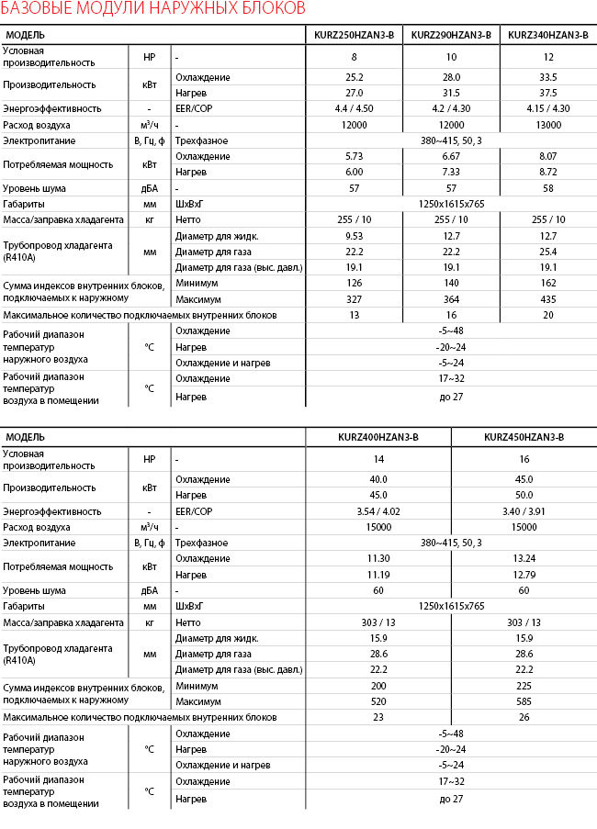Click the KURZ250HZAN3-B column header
pyautogui.click(x=355, y=35)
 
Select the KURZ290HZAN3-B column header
pyautogui.click(x=451, y=35)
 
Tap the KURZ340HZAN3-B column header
pyautogui.click(x=547, y=35)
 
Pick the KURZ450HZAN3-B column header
pyautogui.click(x=524, y=437)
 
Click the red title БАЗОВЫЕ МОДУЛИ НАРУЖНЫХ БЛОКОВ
pyautogui.click(x=153, y=10)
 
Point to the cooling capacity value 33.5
pyautogui.click(x=547, y=77)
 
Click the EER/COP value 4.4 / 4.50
pyautogui.click(x=355, y=108)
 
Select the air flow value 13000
pyautogui.click(x=547, y=125)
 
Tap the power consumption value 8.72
pyautogui.click(x=547, y=172)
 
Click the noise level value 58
pyautogui.click(x=547, y=187)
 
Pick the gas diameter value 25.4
pyautogui.click(x=547, y=251)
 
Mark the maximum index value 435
pyautogui.click(x=547, y=299)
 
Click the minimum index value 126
pyautogui.click(x=355, y=283)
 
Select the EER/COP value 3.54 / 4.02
pyautogui.click(x=378, y=510)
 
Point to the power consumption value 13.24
pyautogui.click(x=524, y=558)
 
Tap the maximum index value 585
pyautogui.click(x=524, y=701)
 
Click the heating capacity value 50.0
pyautogui.click(x=524, y=496)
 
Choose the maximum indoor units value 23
pyautogui.click(x=378, y=717)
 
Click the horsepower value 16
pyautogui.click(x=524, y=458)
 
